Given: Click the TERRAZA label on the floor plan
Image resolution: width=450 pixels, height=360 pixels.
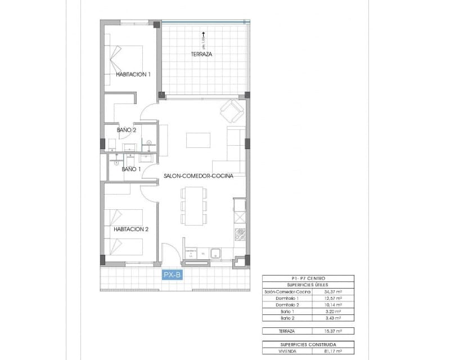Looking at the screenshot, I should click(x=201, y=55).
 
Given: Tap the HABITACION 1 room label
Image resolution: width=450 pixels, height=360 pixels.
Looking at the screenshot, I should click(x=133, y=74).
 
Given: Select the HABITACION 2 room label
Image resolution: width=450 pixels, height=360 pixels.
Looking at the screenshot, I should click(x=130, y=229).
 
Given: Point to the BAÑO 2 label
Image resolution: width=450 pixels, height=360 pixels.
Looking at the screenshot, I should click(x=127, y=130).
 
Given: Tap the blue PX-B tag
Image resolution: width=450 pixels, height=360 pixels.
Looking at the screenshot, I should click(x=172, y=275).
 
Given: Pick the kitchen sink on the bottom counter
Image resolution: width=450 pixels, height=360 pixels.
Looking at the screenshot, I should click(x=217, y=254).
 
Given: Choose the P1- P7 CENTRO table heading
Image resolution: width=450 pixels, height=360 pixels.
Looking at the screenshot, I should click(x=308, y=278).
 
